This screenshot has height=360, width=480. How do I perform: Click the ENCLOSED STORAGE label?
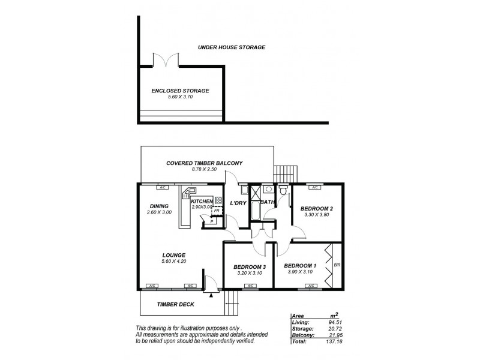tap(180, 91)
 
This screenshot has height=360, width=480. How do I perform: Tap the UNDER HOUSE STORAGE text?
tap(232, 47)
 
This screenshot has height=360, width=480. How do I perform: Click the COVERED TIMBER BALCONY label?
tap(204, 163)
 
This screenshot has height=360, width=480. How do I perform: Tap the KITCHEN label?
tap(202, 201)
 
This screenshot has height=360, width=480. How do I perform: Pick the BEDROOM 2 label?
tap(316, 209)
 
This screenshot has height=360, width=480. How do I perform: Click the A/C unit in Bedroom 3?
tap(249, 286)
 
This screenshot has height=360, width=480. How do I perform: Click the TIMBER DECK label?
tap(175, 304)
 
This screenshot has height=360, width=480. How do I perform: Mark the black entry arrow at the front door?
tap(211, 294)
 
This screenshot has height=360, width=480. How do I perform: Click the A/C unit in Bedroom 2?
tap(314, 185)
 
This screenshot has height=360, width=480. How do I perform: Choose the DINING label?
tap(159, 205)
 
